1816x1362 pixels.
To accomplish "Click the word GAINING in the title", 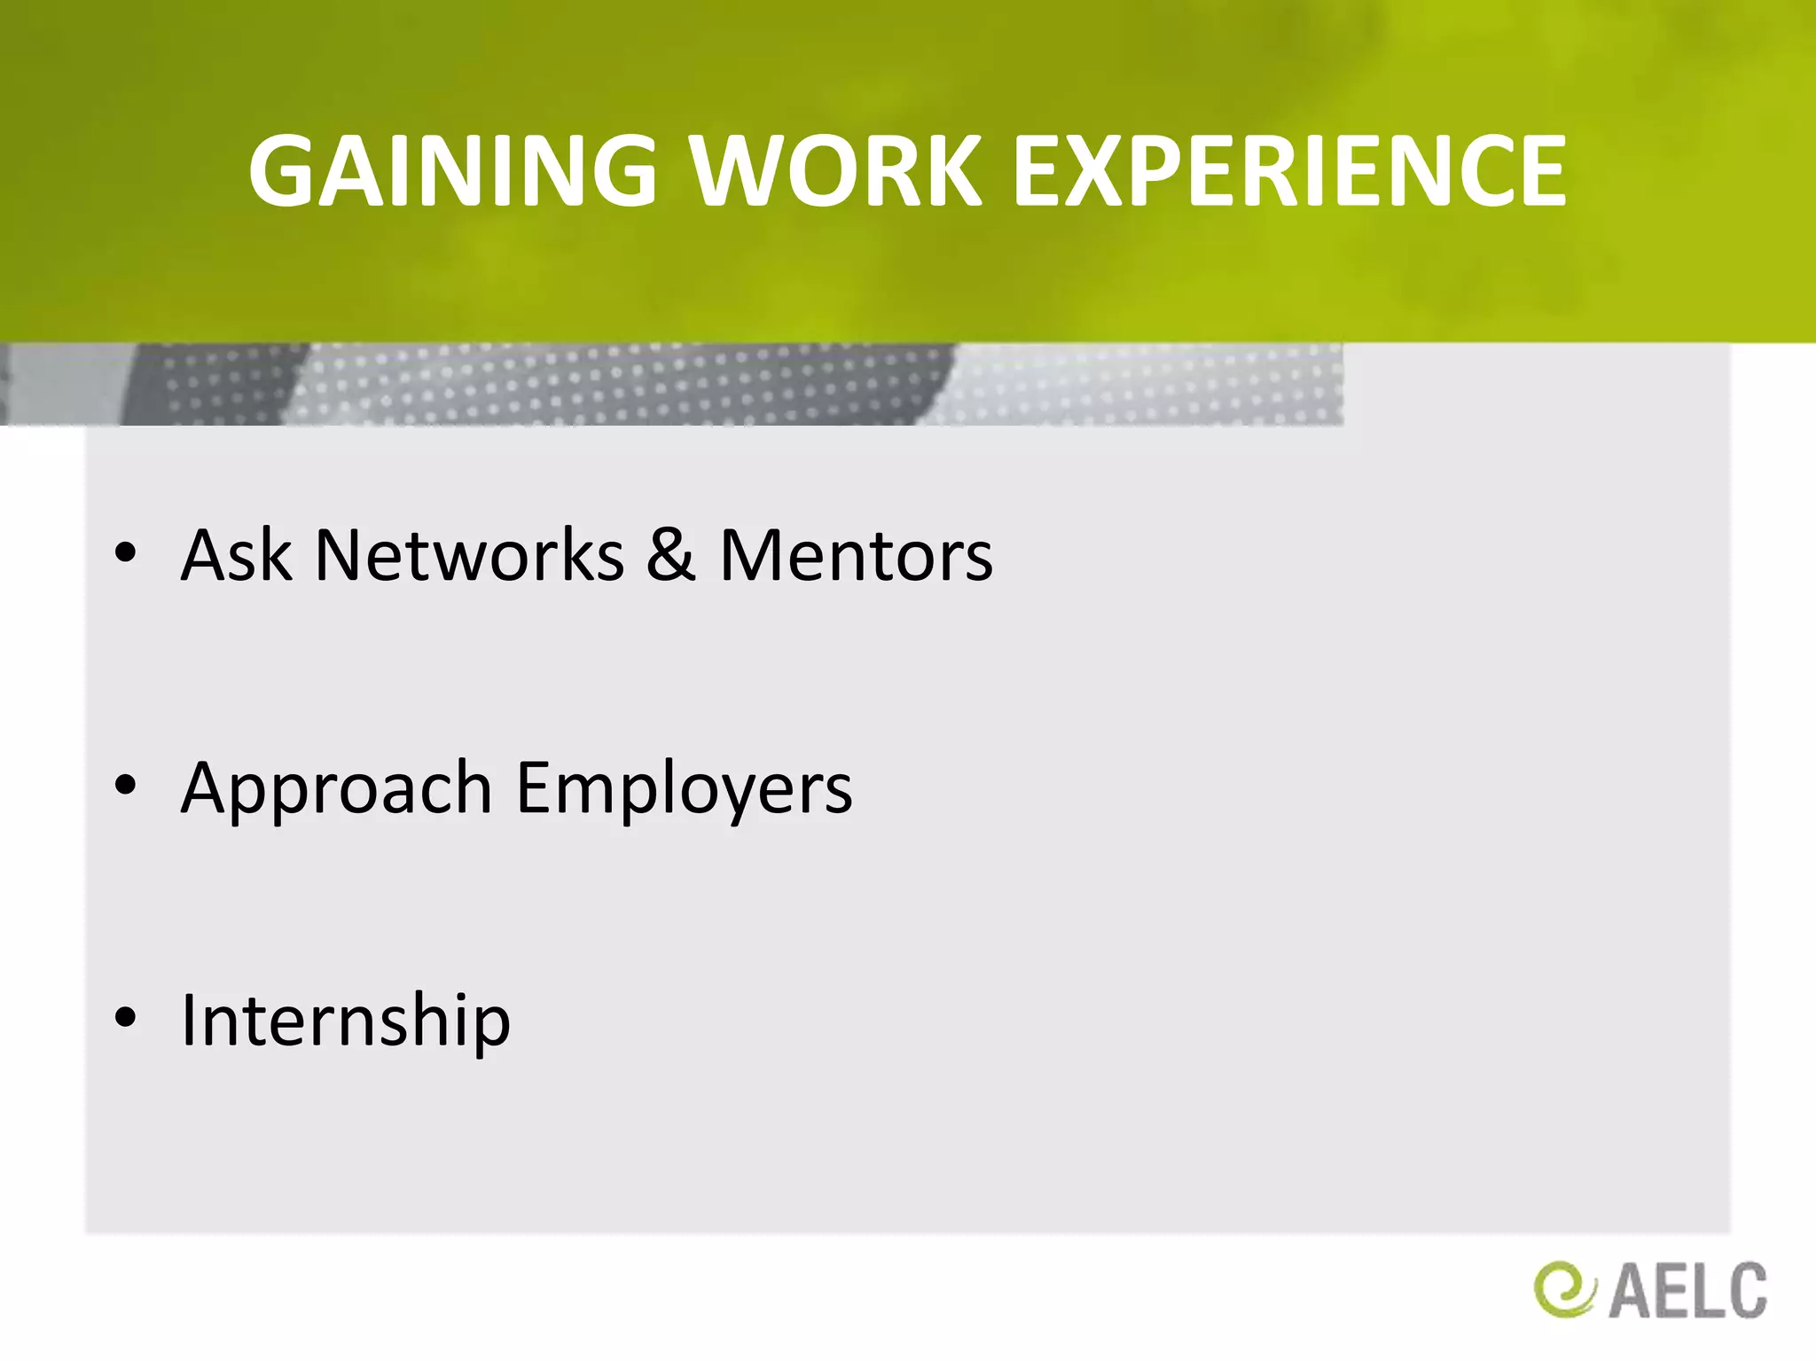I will (x=452, y=171).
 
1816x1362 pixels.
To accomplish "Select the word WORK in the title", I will (x=836, y=171).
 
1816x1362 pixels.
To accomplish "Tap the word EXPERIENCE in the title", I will (x=1289, y=171).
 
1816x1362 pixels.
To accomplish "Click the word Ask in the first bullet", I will (x=236, y=555).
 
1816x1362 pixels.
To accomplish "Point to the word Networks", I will (x=469, y=555).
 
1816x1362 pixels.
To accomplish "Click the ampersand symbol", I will (x=670, y=555).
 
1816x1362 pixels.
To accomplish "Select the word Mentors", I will (x=856, y=555).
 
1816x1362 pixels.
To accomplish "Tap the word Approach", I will (x=336, y=789).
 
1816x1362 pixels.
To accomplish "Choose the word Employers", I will (x=684, y=789).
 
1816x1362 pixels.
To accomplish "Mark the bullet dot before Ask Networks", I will (x=126, y=553).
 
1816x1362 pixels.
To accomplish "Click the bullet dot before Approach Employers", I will (x=126, y=786).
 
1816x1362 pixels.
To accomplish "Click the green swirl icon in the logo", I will (x=1563, y=1289).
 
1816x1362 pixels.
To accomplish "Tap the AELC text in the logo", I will (x=1687, y=1291).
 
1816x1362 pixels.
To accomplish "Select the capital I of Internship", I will (x=189, y=1020).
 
